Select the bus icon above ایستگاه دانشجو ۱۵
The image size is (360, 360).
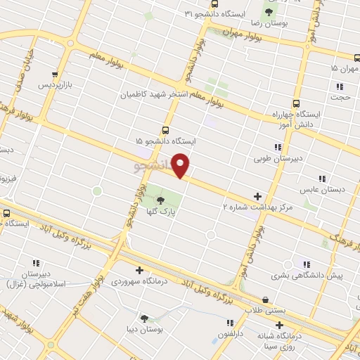(165, 130)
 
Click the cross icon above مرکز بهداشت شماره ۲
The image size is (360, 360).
(257, 195)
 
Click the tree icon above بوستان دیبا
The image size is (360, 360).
(144, 318)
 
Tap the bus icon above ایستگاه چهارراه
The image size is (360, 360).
(296, 103)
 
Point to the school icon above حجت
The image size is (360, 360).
(340, 86)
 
